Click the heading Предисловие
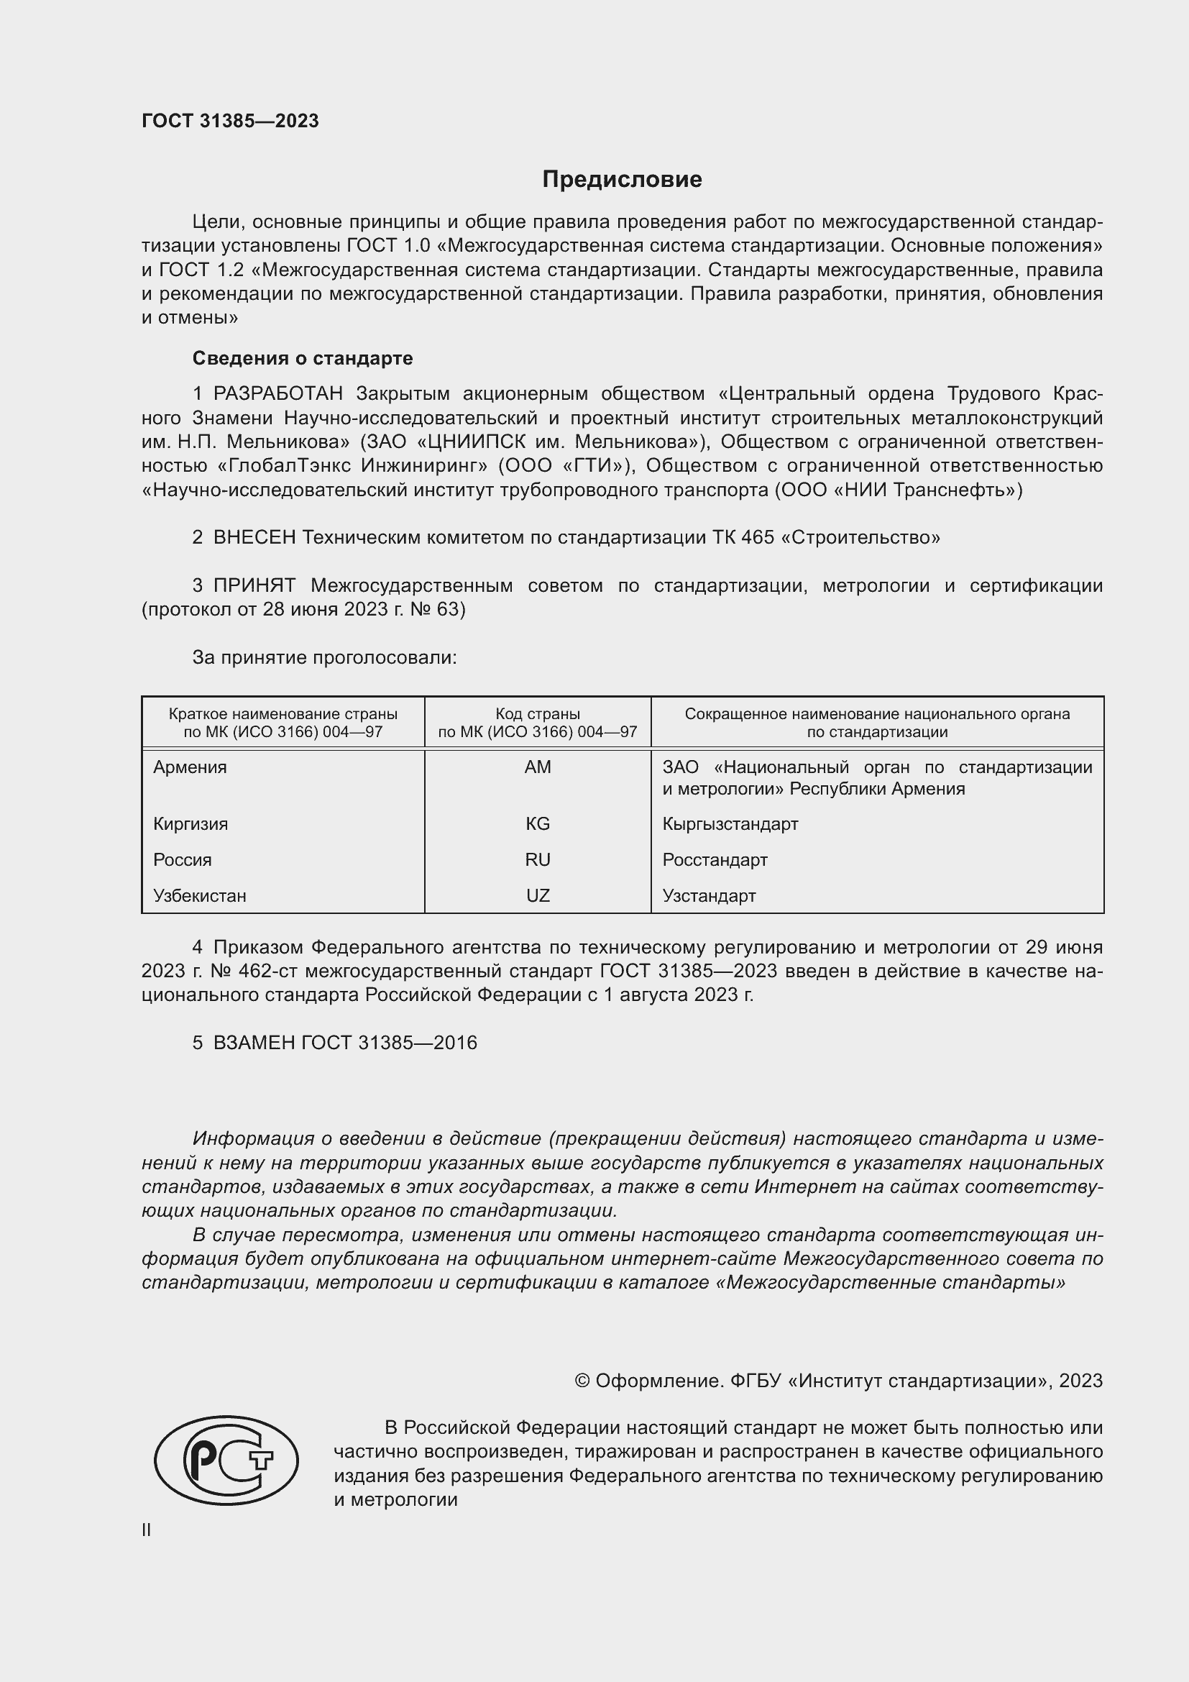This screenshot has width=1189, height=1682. [622, 180]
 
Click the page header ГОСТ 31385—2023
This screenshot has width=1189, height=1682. [230, 121]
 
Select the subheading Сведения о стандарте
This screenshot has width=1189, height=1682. [303, 358]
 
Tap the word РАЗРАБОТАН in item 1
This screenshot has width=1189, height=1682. [277, 393]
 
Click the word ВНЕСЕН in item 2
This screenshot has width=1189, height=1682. [254, 537]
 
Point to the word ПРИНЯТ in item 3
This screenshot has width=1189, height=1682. [254, 585]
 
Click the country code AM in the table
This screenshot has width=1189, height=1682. [538, 767]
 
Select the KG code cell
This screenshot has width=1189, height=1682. [538, 823]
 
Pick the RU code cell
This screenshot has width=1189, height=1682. [538, 859]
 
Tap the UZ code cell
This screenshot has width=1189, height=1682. [538, 895]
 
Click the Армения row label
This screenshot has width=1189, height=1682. [190, 767]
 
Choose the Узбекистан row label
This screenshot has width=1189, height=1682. [200, 895]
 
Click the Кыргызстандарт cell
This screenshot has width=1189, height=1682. [730, 823]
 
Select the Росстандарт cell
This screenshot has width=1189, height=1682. [715, 859]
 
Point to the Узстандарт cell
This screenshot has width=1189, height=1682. [709, 895]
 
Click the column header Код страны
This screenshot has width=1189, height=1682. [538, 713]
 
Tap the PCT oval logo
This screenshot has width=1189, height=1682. [226, 1460]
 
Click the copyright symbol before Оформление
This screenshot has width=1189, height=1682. [582, 1381]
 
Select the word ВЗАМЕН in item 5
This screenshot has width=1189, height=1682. [254, 1043]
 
